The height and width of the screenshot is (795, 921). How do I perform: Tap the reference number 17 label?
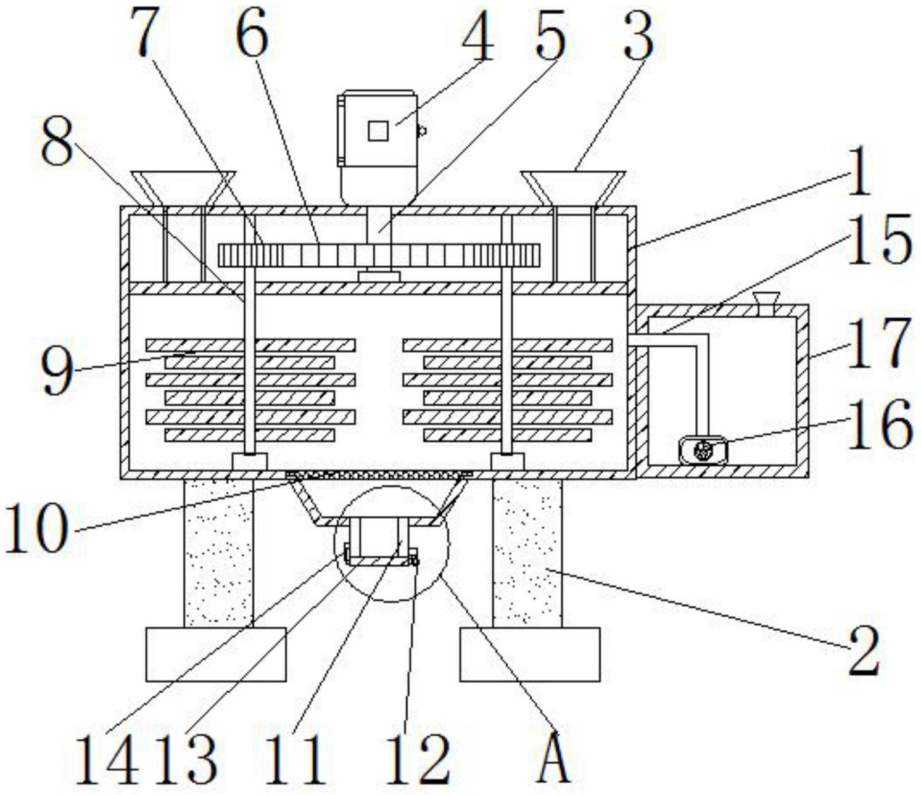[879, 343]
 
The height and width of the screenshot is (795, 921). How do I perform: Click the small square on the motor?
[378, 131]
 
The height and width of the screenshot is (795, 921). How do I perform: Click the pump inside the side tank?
[703, 449]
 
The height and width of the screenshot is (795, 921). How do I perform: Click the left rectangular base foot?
[216, 654]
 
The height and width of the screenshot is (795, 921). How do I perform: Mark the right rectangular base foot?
[530, 654]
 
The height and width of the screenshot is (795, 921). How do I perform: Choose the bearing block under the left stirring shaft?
[249, 461]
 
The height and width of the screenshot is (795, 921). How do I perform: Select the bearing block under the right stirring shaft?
[507, 461]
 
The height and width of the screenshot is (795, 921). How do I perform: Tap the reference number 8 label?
[56, 142]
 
